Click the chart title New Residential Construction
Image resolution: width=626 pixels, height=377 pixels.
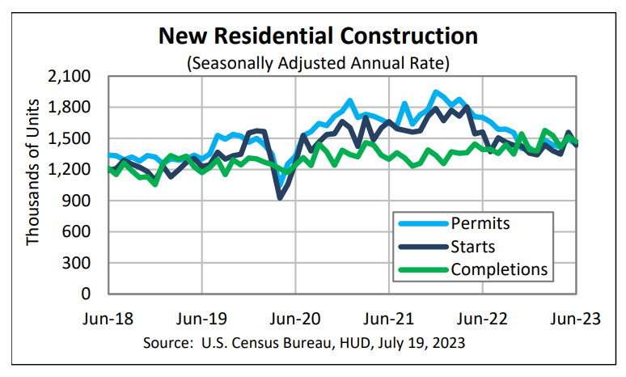318,36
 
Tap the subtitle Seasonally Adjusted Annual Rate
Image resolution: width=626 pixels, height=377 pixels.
318,61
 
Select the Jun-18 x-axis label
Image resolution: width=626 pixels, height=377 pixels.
108,317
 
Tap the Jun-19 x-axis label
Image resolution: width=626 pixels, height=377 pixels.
201,317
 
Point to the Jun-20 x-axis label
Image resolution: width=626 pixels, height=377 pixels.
295,317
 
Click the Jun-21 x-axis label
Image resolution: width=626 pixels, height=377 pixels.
389,317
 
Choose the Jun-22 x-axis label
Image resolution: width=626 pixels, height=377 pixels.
483,317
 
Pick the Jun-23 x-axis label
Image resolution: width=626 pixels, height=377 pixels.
576,317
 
